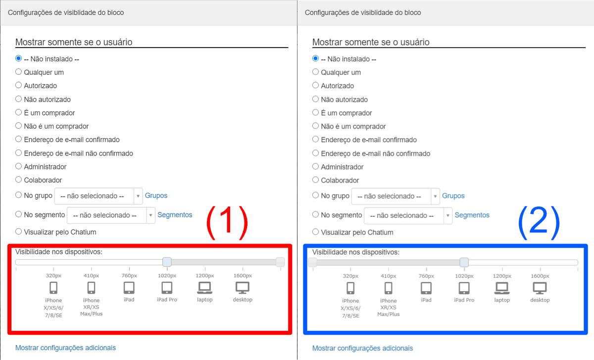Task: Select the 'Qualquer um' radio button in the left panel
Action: tap(18, 72)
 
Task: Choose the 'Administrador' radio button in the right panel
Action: tap(315, 166)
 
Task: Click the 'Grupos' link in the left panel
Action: tap(156, 196)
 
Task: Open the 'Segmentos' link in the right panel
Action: tap(472, 215)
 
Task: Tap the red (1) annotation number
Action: tap(227, 222)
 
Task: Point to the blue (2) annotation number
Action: tap(539, 222)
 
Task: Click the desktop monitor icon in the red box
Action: tap(243, 288)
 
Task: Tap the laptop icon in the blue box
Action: tap(502, 288)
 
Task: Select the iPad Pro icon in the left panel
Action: tap(167, 288)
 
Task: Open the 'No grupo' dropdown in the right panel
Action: tap(396, 196)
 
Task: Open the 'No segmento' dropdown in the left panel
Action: tap(111, 215)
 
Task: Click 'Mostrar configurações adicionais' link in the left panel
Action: tap(65, 348)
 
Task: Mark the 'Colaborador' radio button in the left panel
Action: tap(18, 180)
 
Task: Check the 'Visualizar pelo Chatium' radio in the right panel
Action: tap(315, 232)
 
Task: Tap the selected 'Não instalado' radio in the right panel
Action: tap(315, 58)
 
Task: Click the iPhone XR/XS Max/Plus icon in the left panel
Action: tap(91, 288)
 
